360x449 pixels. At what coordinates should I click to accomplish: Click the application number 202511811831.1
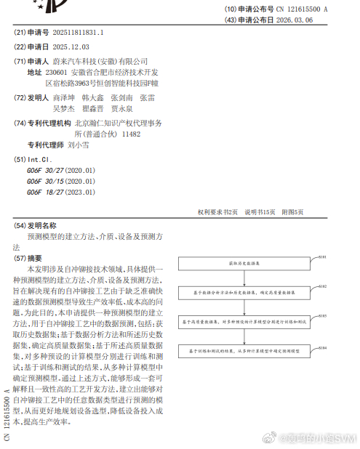click(x=75, y=33)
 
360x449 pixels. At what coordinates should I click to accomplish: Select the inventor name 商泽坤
click(x=64, y=97)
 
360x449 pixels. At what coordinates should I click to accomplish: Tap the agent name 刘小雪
click(x=79, y=145)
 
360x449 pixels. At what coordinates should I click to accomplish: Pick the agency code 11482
click(x=131, y=134)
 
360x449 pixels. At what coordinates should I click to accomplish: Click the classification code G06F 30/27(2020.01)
click(x=61, y=170)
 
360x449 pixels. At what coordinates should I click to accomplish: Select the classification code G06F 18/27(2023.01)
click(x=61, y=192)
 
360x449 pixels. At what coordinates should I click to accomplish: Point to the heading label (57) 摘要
click(x=29, y=258)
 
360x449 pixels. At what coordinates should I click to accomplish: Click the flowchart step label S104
click(x=322, y=347)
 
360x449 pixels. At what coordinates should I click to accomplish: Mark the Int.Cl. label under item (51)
click(x=39, y=158)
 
